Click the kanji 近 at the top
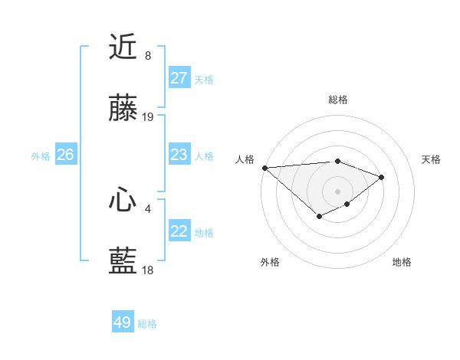point(123,47)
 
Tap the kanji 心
point(123,201)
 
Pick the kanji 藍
point(123,262)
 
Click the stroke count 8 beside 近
point(148,56)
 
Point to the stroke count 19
point(148,117)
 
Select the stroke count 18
point(148,270)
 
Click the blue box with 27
point(179,78)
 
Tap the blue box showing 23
point(179,155)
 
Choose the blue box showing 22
point(179,231)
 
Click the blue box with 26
point(65,155)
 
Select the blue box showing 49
point(123,322)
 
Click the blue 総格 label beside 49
point(147,324)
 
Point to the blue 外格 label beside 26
point(41,156)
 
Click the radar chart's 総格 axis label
point(338,100)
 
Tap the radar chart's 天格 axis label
point(432,159)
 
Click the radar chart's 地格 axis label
point(402,262)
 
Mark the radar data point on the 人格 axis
point(264,168)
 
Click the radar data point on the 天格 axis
point(381,177)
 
